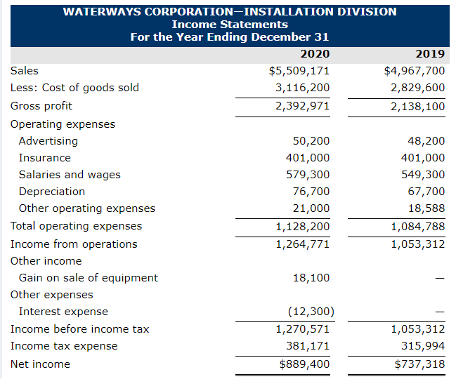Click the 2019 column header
click(x=430, y=54)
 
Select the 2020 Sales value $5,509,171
click(x=299, y=71)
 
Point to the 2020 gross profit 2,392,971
click(x=302, y=106)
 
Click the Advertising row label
click(x=48, y=141)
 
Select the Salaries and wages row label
click(x=70, y=175)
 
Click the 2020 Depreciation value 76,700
click(x=311, y=192)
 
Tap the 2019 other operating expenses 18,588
click(x=426, y=208)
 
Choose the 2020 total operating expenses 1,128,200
click(x=302, y=226)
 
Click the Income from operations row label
click(x=74, y=244)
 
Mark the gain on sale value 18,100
click(x=311, y=278)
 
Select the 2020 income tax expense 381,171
click(x=308, y=346)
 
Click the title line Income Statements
click(x=230, y=25)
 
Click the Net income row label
click(x=40, y=364)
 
